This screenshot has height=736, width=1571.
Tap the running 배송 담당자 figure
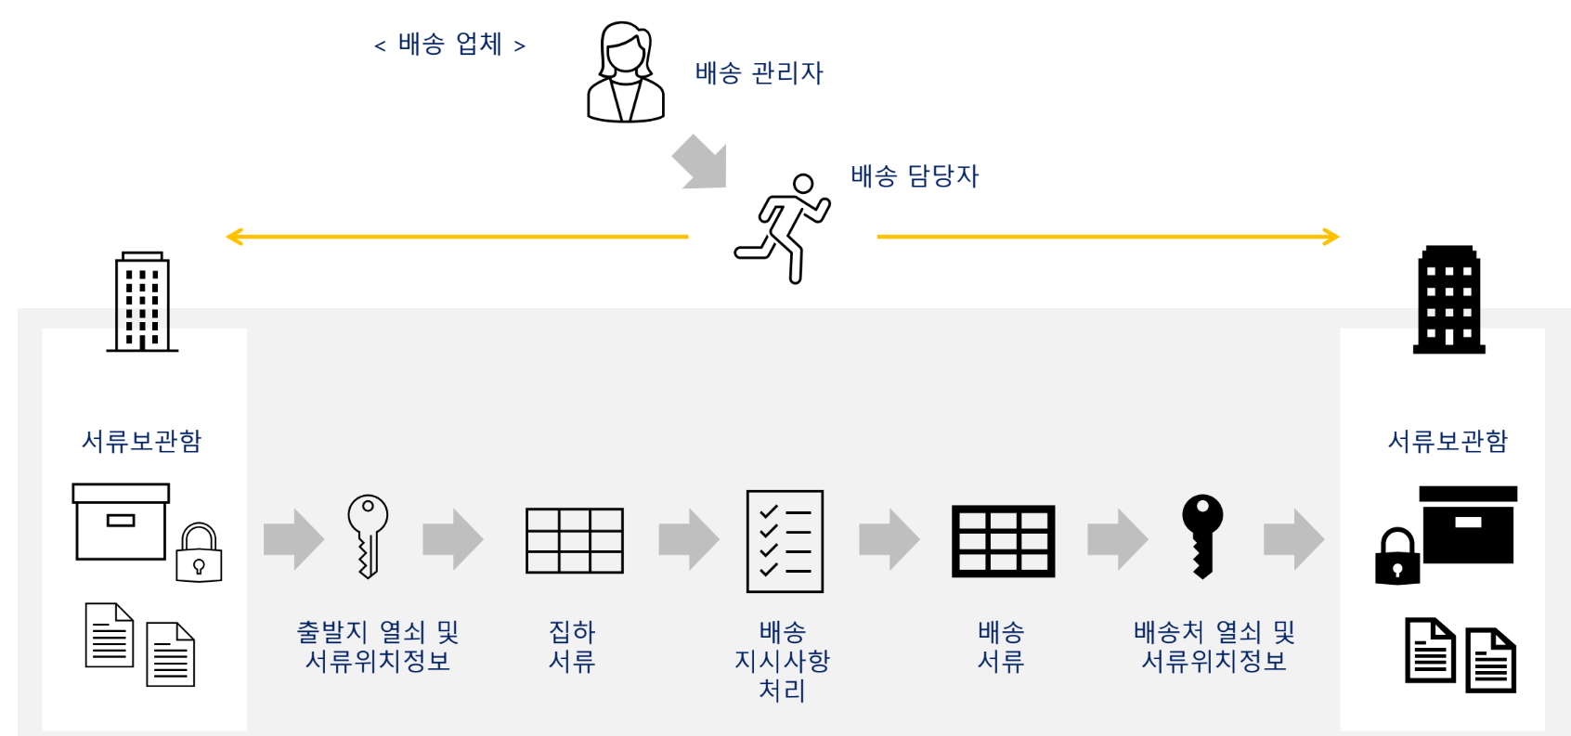(785, 227)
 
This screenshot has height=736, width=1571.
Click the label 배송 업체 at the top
(449, 44)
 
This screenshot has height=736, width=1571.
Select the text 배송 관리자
(759, 72)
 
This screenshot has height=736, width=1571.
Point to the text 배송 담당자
(915, 175)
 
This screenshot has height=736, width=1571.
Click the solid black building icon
(1448, 300)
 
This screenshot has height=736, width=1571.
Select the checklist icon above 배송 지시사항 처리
(785, 541)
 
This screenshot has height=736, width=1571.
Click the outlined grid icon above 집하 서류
(574, 540)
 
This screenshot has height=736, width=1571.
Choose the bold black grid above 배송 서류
(1003, 541)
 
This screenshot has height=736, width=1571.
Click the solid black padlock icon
(1397, 556)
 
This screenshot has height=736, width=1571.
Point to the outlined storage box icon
(121, 522)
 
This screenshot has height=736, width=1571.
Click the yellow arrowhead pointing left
(235, 237)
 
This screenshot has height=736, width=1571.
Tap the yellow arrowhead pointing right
(1331, 237)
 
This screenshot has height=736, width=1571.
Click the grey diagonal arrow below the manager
(700, 162)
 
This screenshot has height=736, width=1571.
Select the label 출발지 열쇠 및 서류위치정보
(377, 646)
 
